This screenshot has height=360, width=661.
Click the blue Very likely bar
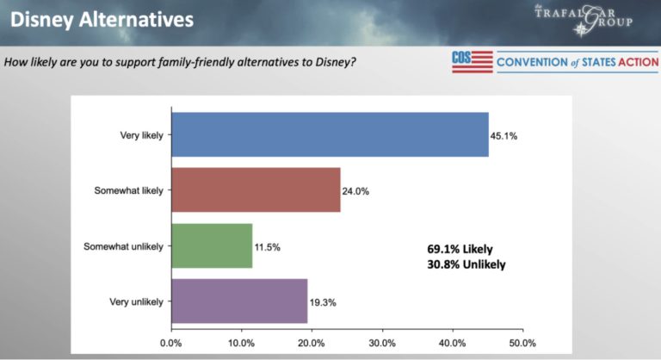[x=330, y=134]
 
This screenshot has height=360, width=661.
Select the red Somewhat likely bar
[x=256, y=189]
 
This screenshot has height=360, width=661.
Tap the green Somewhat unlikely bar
[x=212, y=245]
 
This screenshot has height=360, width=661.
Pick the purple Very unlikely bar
[x=239, y=301]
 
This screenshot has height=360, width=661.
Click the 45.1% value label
[x=504, y=135]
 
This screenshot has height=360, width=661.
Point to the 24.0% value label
[x=356, y=191]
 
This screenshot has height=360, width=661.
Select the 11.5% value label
[x=267, y=247]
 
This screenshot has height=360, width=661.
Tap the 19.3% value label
[x=322, y=303]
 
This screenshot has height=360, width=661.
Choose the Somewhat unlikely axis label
[x=125, y=246]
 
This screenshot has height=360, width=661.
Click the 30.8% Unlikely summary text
[x=466, y=265]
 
